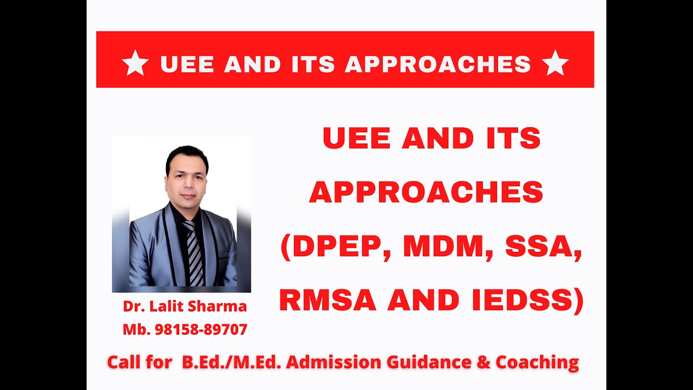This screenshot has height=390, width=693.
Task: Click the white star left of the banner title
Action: [x=135, y=64]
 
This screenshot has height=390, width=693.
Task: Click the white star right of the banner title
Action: [x=555, y=64]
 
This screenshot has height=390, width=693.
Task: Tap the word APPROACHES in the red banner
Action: [x=437, y=64]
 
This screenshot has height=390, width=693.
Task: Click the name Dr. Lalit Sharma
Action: [x=185, y=307]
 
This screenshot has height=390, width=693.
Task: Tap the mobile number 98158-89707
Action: [x=201, y=329]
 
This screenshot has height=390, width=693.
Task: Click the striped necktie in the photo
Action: [x=194, y=252]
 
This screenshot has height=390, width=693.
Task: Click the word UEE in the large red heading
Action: [x=357, y=139]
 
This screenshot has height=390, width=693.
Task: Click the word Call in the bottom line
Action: [x=124, y=362]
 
